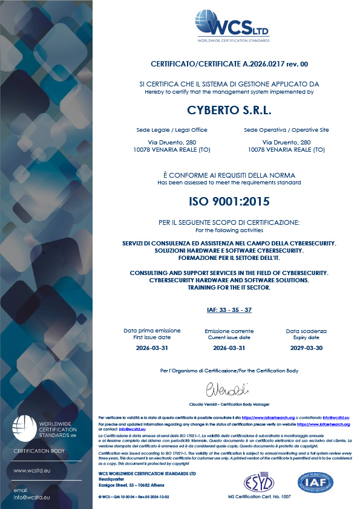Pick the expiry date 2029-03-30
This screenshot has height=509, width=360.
pos(306,348)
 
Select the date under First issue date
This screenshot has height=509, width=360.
pos(143,348)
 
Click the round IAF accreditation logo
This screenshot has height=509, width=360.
pos(315,482)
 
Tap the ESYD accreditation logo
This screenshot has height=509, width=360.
pos(260,483)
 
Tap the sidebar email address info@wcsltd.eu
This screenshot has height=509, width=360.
pos(31,497)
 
